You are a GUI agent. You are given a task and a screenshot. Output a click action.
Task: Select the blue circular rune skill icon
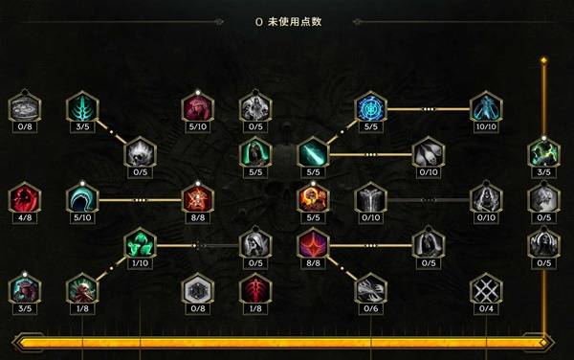coord(370,106)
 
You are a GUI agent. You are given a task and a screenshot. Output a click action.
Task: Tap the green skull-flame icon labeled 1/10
coord(140,244)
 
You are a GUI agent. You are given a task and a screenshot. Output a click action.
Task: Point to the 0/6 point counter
coord(370,308)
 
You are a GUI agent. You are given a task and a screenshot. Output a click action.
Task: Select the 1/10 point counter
coord(140,263)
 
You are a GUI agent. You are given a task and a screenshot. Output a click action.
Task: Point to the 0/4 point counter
coord(486,308)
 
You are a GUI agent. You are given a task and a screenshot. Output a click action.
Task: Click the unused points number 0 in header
coord(259,20)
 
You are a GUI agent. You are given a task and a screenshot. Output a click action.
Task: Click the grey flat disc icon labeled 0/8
coord(24,106)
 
